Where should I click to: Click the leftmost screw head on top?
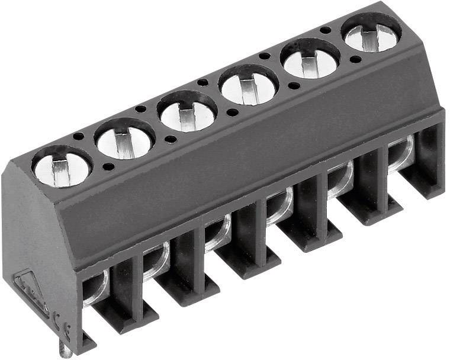pos(62,166)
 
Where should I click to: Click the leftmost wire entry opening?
pos(95,287)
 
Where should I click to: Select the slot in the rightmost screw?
pos(371,36)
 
